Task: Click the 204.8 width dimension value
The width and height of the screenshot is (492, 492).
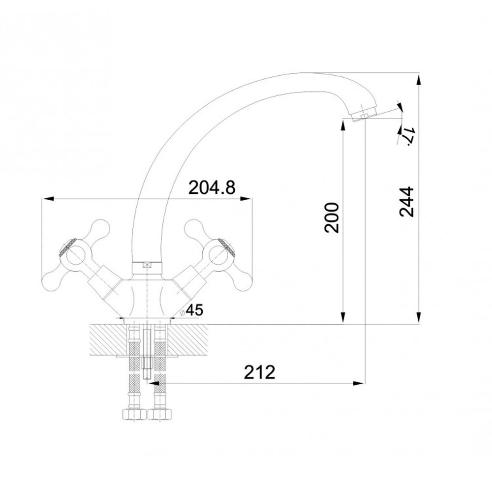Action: (212, 188)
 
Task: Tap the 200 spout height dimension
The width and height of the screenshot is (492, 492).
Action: (332, 218)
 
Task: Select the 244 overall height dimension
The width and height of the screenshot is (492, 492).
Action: (407, 202)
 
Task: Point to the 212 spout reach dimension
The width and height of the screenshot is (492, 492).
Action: (259, 372)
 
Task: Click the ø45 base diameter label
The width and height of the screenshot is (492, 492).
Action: (192, 310)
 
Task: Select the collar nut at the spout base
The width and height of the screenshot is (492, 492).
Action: (147, 268)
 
